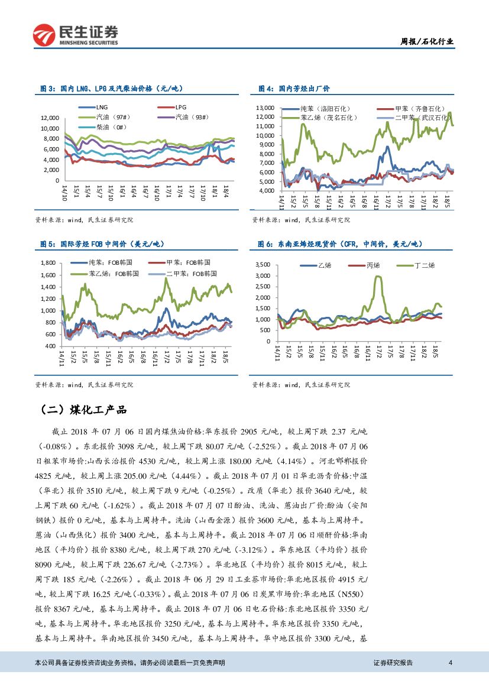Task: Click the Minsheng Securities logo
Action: click(75, 34)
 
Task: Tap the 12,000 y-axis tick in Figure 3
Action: click(50, 118)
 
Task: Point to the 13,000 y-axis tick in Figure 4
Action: click(268, 108)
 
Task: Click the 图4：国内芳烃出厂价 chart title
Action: click(294, 88)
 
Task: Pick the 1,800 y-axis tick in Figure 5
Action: click(47, 262)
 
